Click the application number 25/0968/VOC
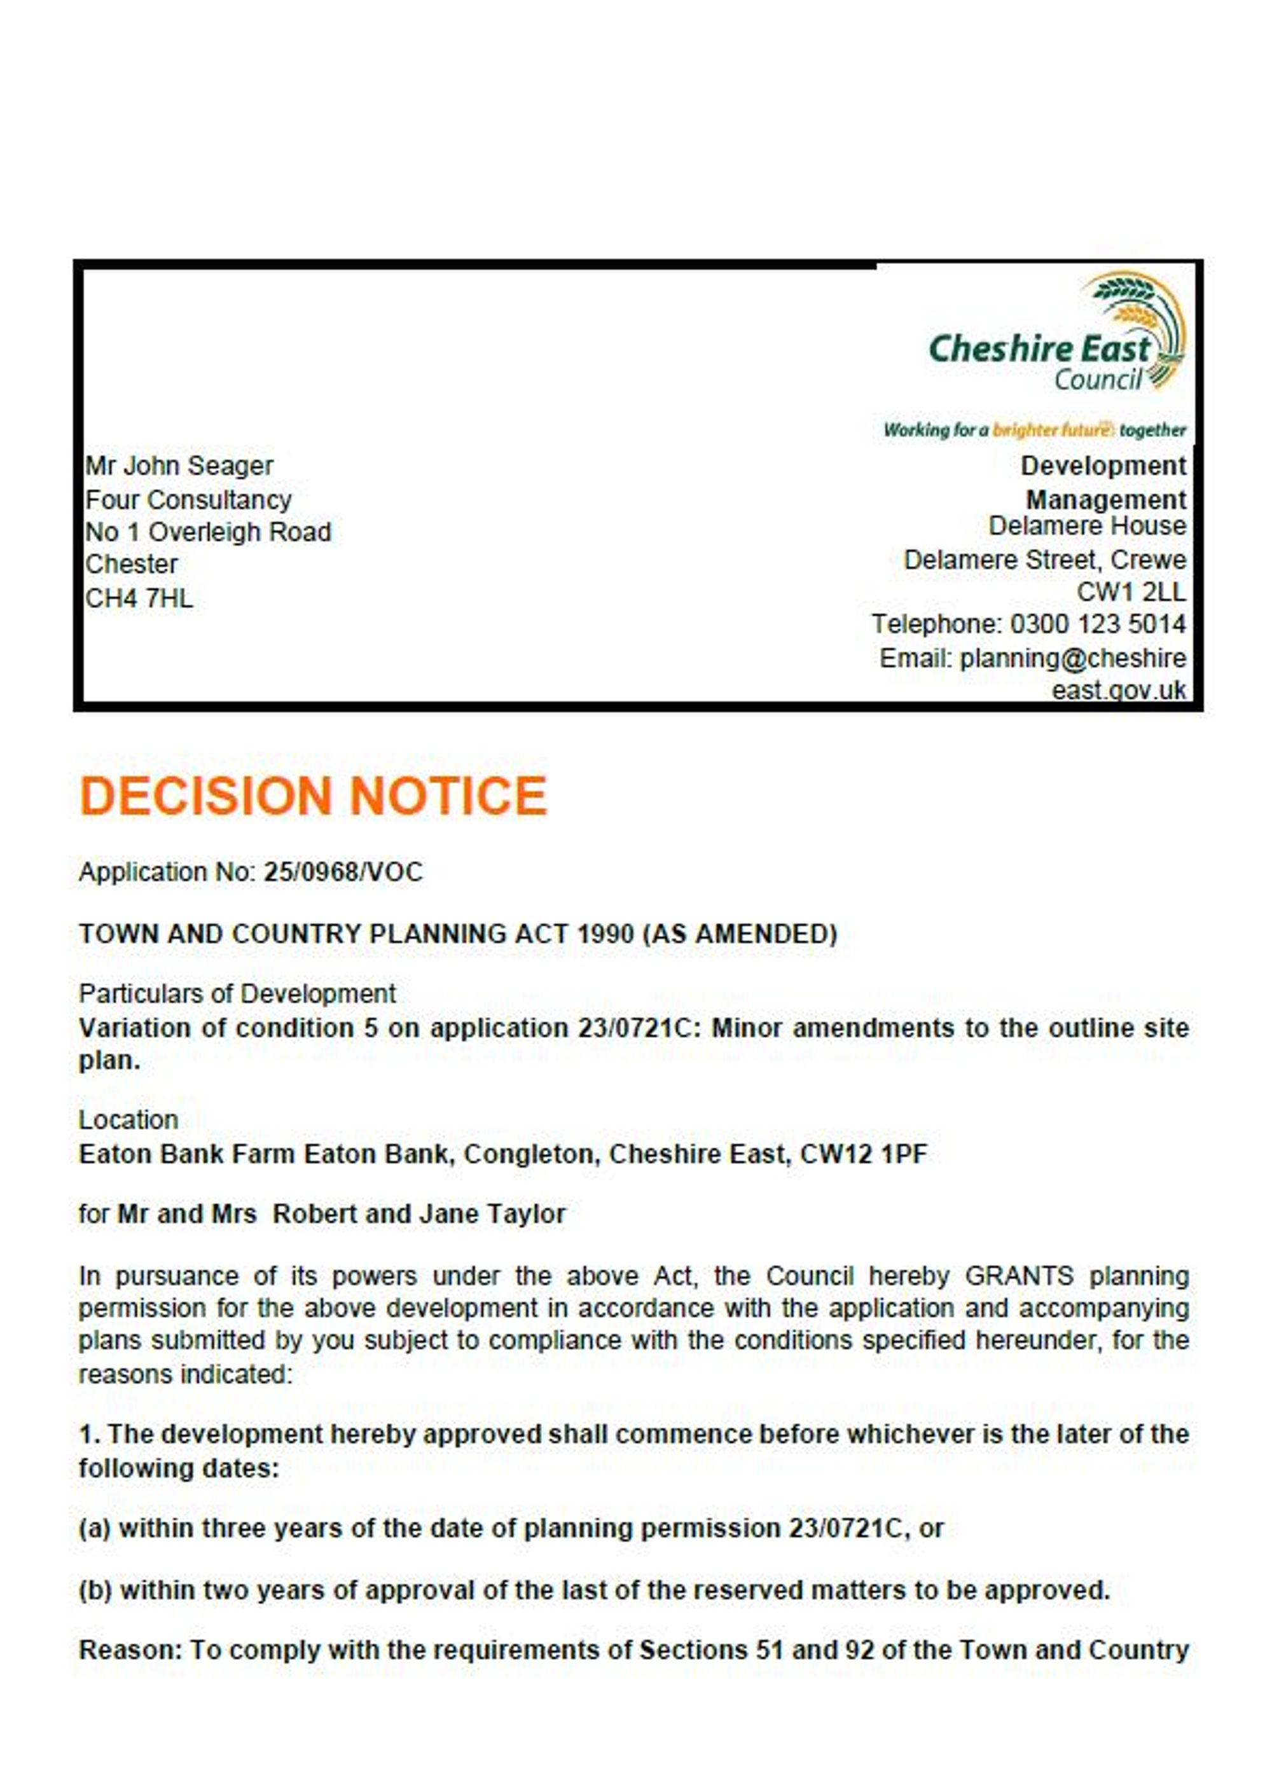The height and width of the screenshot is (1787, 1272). pos(343,873)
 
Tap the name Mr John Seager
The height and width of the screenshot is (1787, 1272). pos(179,466)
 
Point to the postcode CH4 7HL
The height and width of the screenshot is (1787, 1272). pos(139,599)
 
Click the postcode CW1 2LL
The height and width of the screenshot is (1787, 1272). pos(1131,592)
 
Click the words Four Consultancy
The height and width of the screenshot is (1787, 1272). pos(188,500)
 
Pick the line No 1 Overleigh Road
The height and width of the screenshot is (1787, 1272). pos(209,532)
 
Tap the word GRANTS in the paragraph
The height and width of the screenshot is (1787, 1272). pos(1018,1276)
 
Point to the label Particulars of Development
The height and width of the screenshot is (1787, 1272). pos(237,995)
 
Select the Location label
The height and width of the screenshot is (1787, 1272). pos(128,1121)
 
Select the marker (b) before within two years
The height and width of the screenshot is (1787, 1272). pos(95,1590)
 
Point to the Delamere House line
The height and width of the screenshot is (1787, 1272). pos(1086,526)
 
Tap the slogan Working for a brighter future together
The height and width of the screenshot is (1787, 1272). pos(1034,430)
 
